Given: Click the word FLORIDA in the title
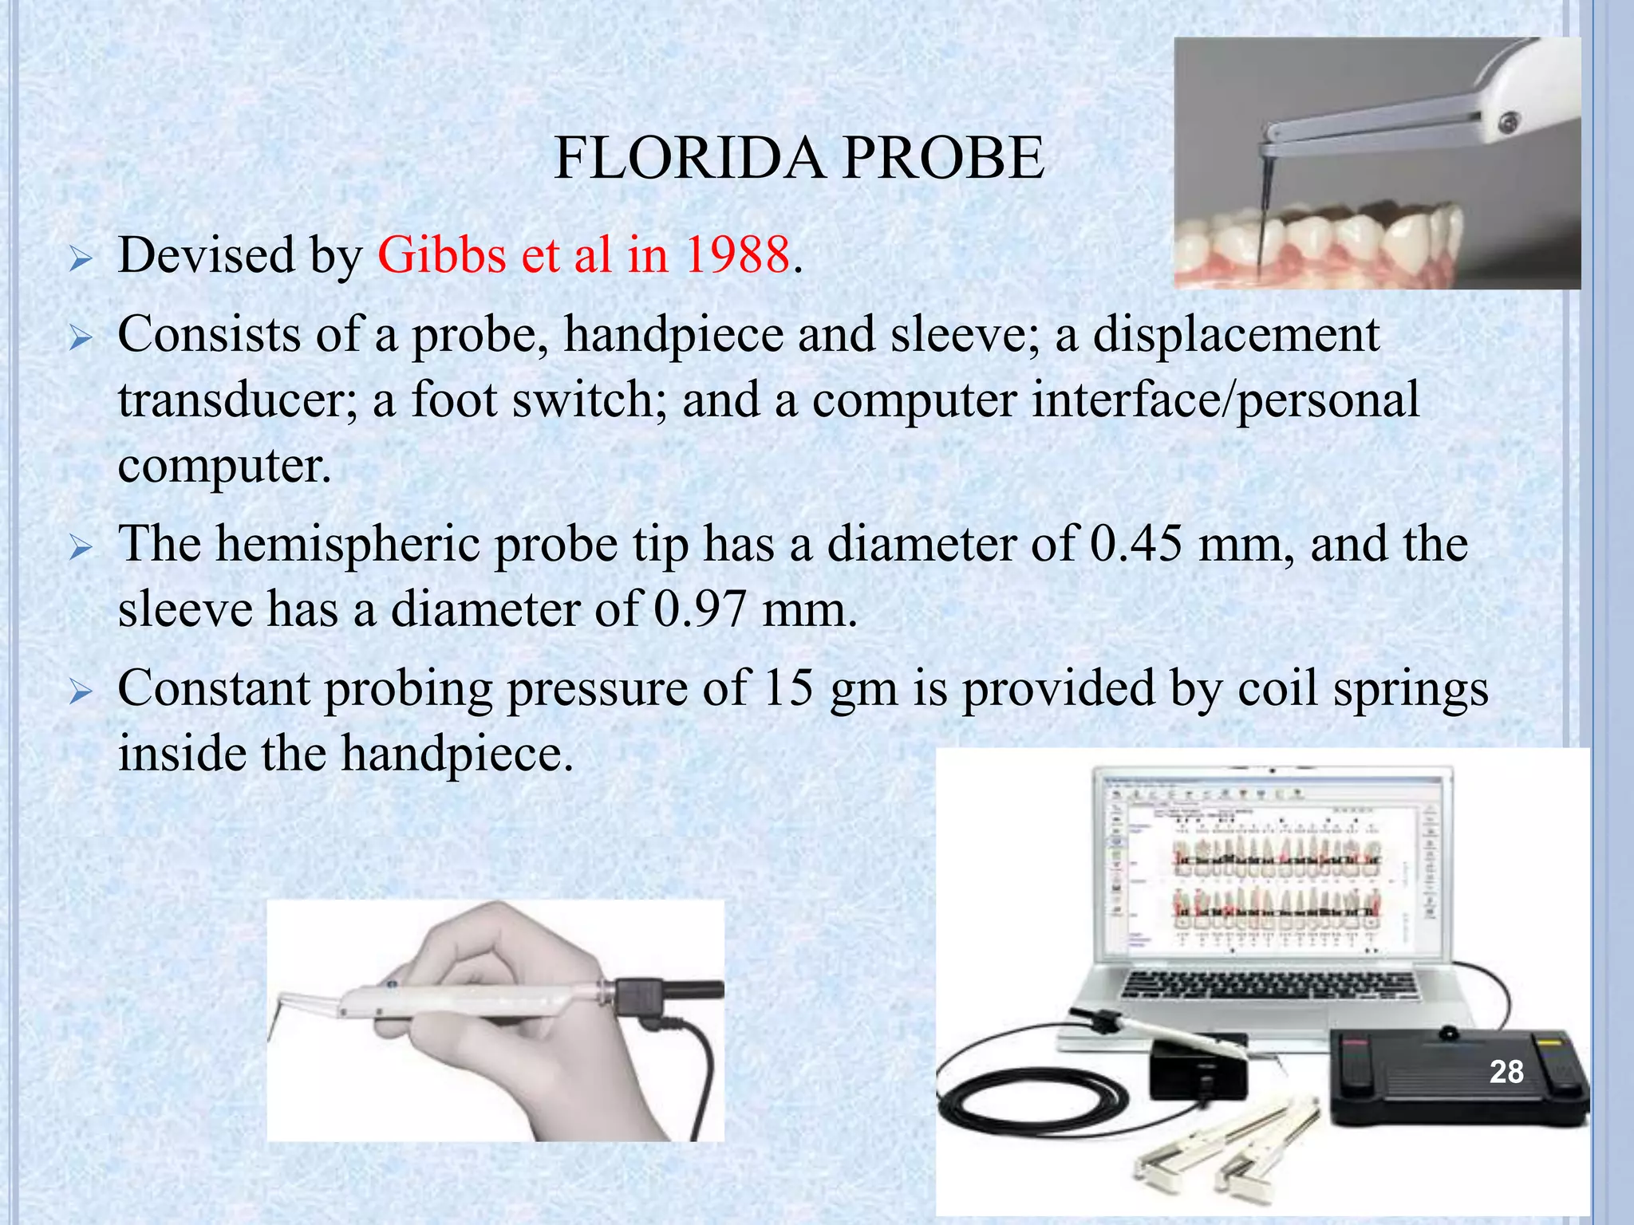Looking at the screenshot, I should [x=687, y=158].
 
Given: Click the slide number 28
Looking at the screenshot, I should [x=1506, y=1072].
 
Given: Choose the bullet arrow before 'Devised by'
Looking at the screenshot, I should [x=81, y=258].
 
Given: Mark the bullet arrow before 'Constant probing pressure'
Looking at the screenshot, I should [x=81, y=691].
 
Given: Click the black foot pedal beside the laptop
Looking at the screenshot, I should [x=1456, y=1077].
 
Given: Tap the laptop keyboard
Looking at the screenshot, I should [x=1269, y=986].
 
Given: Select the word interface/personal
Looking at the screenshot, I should [x=1225, y=400].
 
